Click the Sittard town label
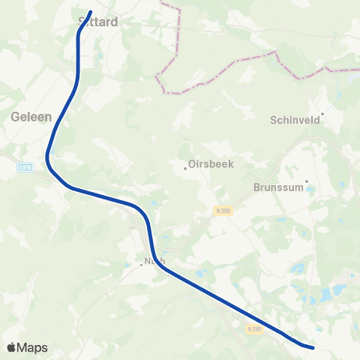tap(98, 22)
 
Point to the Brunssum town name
tap(277, 187)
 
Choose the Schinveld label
tap(294, 119)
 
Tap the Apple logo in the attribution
tap(12, 347)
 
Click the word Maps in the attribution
tap(33, 347)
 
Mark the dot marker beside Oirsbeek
tap(185, 167)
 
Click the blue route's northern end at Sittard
tap(90, 12)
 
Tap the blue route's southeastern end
tap(313, 346)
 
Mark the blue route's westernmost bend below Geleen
tap(47, 157)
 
